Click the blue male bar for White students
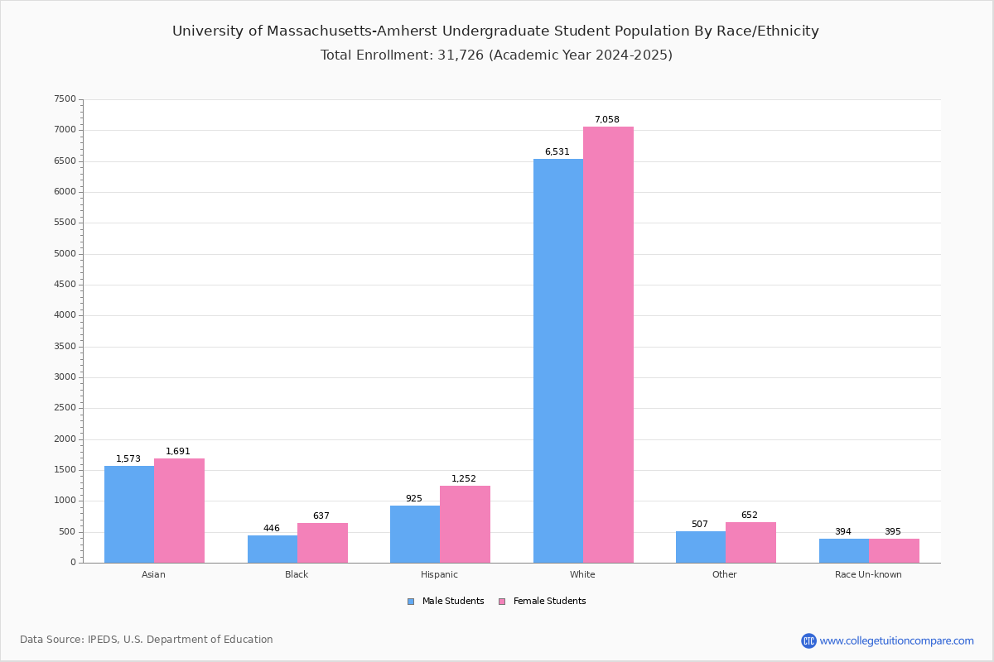pos(558,361)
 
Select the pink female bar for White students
pos(608,345)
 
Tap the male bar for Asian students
pos(129,515)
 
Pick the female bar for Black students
pos(322,543)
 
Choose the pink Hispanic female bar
pos(465,525)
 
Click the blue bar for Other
pos(701,547)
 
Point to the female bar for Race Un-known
pos(894,551)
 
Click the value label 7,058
pos(606,119)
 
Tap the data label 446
pos(272,528)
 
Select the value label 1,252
pos(464,478)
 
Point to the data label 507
pos(700,524)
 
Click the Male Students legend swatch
pos(411,602)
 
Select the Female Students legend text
pos(549,601)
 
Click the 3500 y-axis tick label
pos(65,346)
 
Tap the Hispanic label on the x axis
pos(439,574)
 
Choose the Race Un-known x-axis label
pos(868,574)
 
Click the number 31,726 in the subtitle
pos(461,55)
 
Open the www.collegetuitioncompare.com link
pos(896,640)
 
